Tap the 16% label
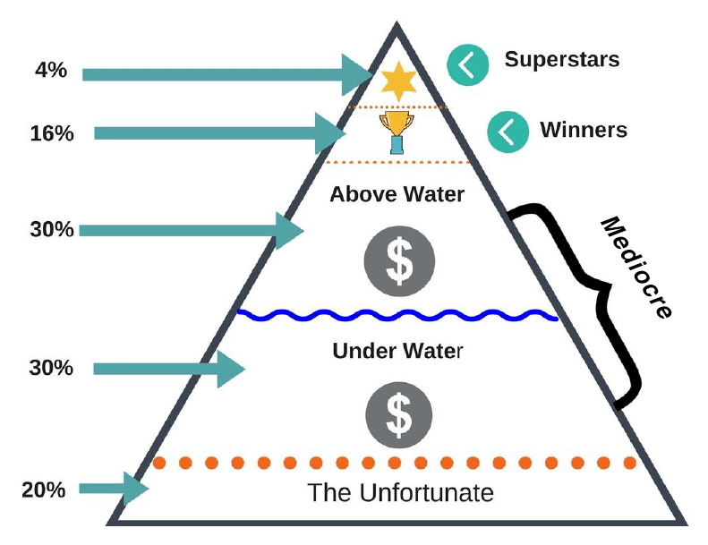51,133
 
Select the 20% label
44,490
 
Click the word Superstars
561,60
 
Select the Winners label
583,130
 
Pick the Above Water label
397,193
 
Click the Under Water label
397,350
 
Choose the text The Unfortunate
400,492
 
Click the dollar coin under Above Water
398,260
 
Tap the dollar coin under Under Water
398,412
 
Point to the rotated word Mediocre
634,267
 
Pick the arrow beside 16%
220,134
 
